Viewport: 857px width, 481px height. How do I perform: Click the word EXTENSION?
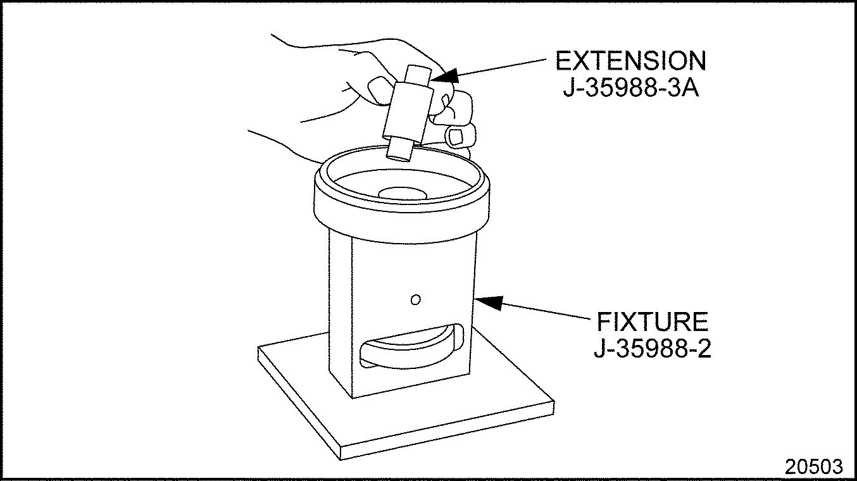point(630,61)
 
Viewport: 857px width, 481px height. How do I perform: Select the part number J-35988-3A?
point(631,88)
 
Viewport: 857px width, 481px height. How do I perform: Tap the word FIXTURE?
point(653,322)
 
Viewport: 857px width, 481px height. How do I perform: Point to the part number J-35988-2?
point(653,349)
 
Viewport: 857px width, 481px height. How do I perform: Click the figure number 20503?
point(814,466)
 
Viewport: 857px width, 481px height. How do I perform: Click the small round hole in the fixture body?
point(416,299)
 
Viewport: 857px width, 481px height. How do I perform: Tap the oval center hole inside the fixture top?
point(403,193)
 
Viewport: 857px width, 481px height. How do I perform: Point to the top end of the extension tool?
point(420,69)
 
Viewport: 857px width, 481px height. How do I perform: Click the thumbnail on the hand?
point(378,91)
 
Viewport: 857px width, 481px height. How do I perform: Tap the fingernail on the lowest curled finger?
point(455,137)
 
